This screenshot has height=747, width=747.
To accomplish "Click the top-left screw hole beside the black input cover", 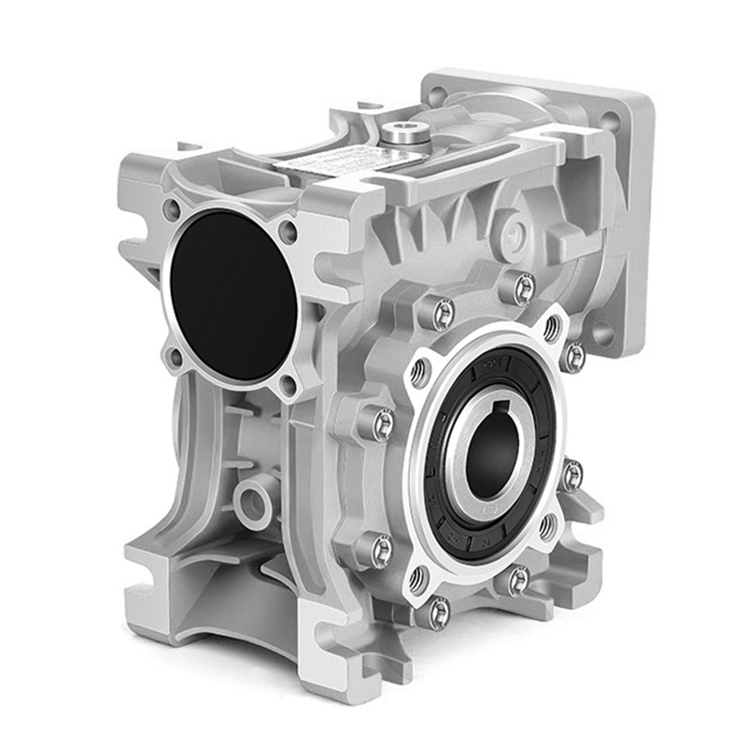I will click(x=172, y=211).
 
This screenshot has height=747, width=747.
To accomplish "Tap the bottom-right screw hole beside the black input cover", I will click(x=289, y=384).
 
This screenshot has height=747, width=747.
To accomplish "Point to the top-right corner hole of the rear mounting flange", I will click(x=611, y=120).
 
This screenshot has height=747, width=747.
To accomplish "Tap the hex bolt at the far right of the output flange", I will click(x=571, y=473).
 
